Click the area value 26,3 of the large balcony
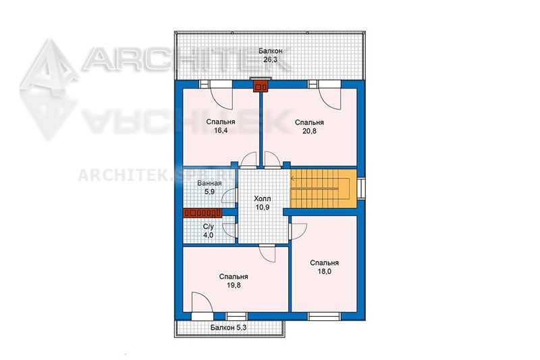(271, 59)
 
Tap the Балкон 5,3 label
(228, 328)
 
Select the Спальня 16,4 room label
(221, 126)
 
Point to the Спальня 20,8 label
(309, 126)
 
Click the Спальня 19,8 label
(234, 281)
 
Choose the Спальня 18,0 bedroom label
(324, 267)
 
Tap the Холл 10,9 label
(263, 203)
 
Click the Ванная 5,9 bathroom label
(209, 187)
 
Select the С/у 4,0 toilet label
(208, 231)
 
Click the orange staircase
(323, 188)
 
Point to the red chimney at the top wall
(261, 86)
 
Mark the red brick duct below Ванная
(202, 213)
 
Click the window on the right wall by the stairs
(361, 188)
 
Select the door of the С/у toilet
(230, 230)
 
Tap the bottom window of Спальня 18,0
(324, 316)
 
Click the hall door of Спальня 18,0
(298, 232)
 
